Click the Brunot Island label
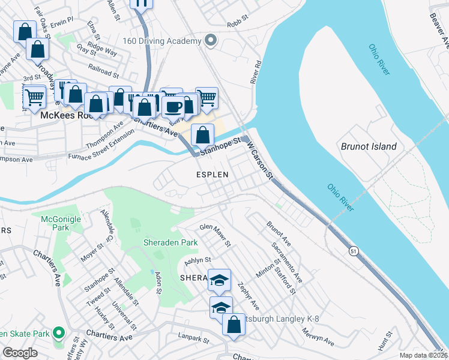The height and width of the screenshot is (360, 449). click(369, 146)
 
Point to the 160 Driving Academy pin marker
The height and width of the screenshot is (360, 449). click(210, 41)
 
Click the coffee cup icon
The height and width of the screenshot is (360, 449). click(173, 107)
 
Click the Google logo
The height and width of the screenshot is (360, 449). click(20, 353)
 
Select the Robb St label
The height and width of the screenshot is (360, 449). click(238, 25)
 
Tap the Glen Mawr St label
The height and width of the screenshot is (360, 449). click(215, 235)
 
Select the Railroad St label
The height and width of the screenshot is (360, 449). click(103, 71)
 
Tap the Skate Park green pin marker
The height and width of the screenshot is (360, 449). click(58, 332)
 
